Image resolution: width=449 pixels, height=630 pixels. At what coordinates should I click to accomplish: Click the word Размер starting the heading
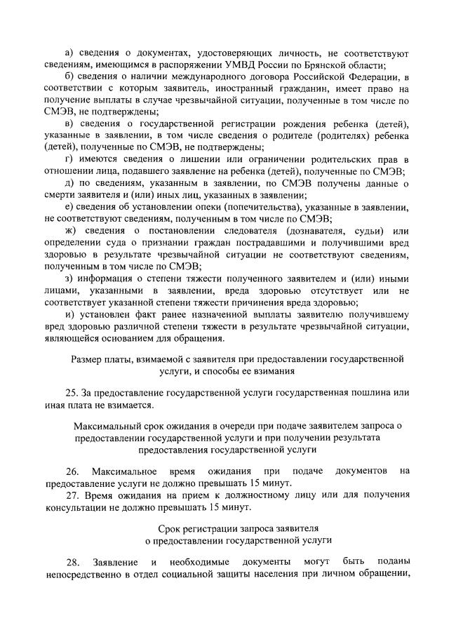tap(88, 358)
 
